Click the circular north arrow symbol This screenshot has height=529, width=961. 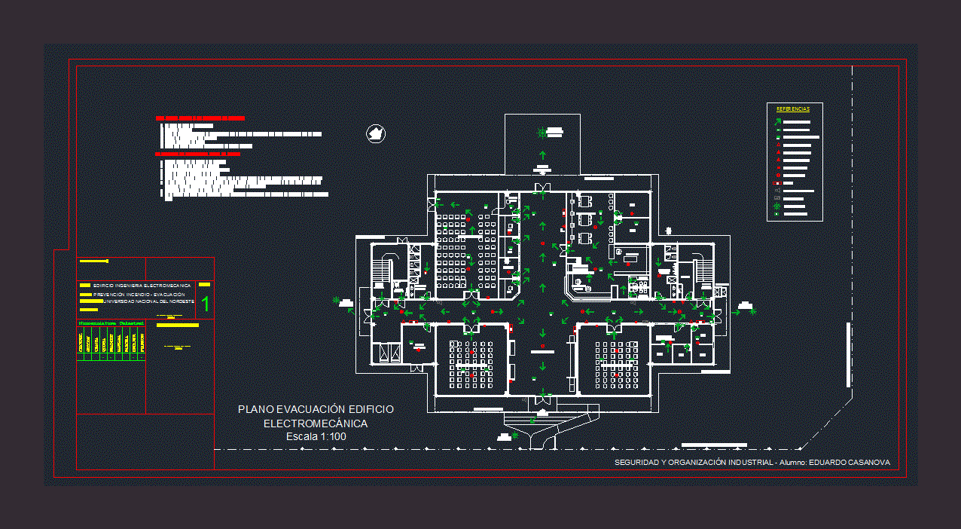point(375,134)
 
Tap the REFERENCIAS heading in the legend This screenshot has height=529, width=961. point(793,109)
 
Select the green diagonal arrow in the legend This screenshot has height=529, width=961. point(779,121)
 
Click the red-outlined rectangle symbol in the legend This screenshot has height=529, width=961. point(778,183)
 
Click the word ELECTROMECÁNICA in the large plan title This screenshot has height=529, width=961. point(316,424)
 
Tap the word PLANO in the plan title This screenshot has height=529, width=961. point(255,409)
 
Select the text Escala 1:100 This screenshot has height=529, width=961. point(316,437)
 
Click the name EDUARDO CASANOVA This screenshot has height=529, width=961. point(849,462)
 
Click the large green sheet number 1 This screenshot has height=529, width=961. point(205,304)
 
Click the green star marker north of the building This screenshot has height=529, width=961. point(542,133)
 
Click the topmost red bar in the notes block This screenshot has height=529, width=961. point(200,118)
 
